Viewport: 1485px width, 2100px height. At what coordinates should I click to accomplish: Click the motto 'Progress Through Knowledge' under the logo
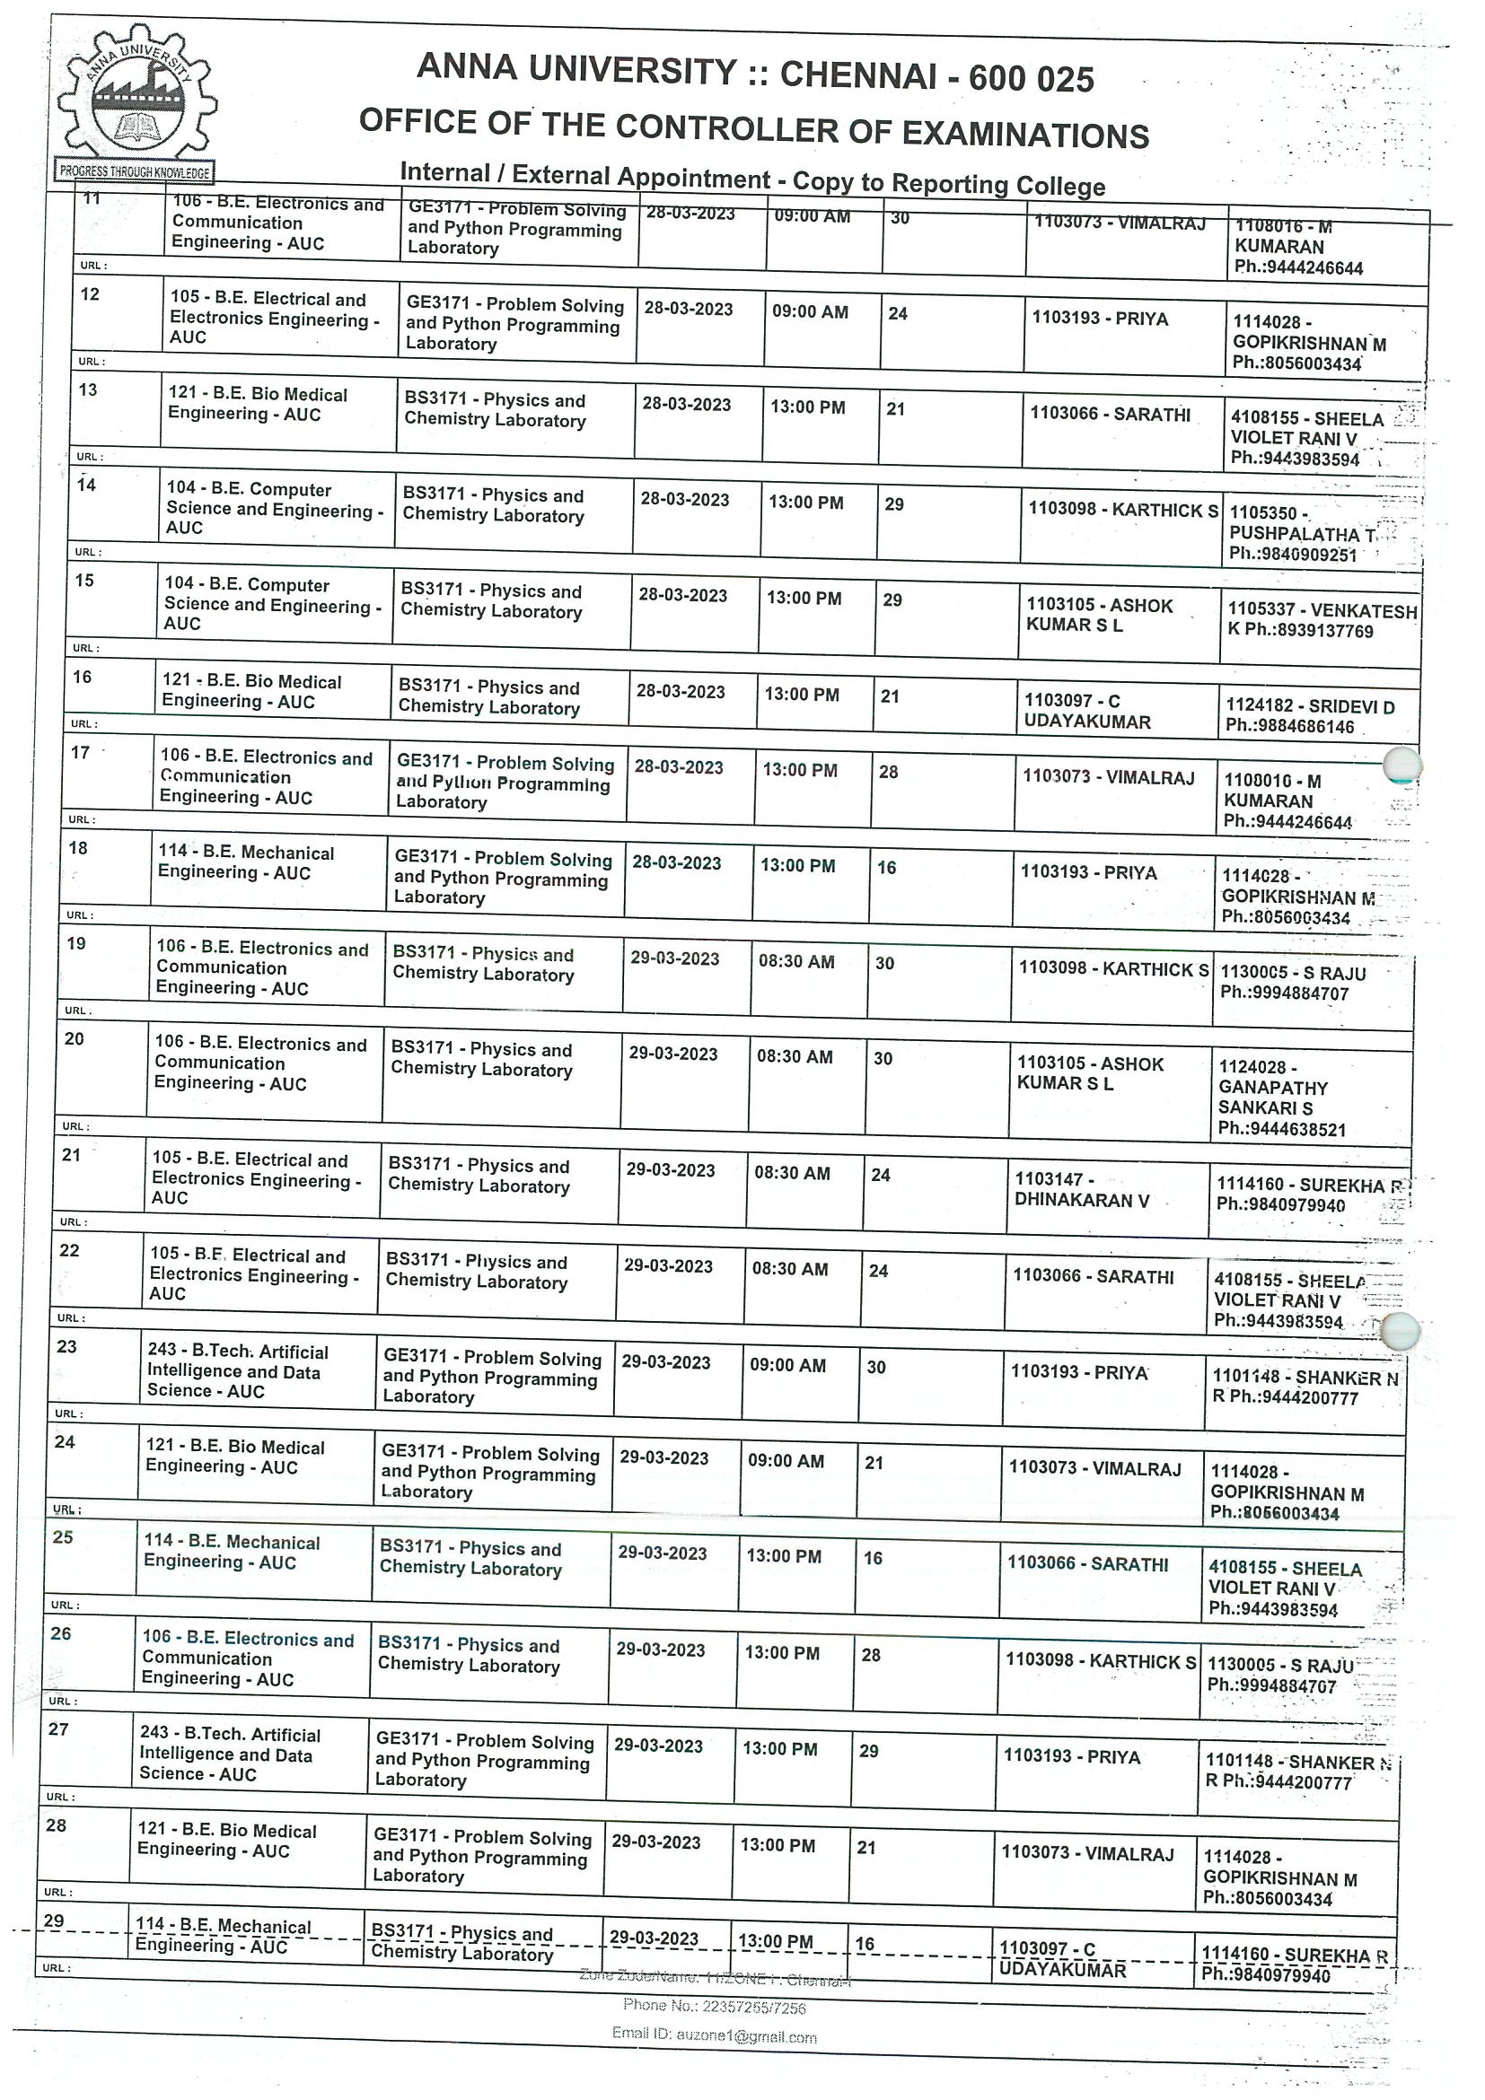tap(136, 171)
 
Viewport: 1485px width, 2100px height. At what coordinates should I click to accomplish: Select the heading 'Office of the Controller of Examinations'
tap(754, 128)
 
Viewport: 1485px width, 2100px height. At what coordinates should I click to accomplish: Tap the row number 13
tap(88, 390)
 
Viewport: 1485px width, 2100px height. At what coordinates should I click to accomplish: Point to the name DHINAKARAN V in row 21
tap(1081, 1200)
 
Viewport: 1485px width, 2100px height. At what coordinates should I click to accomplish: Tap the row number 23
tap(66, 1346)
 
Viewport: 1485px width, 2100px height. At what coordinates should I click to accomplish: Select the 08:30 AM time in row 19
tap(796, 961)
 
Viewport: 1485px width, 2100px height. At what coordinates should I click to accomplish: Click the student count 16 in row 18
tap(887, 867)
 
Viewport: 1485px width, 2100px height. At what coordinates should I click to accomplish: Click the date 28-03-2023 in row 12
tap(688, 309)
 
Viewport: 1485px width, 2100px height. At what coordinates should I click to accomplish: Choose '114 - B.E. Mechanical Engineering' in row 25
tap(232, 1553)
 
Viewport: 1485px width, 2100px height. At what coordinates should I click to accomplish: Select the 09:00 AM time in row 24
tap(786, 1461)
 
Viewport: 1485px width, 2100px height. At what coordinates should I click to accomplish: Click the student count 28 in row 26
tap(870, 1655)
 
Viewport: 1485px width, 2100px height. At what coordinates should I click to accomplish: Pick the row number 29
tap(54, 1920)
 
